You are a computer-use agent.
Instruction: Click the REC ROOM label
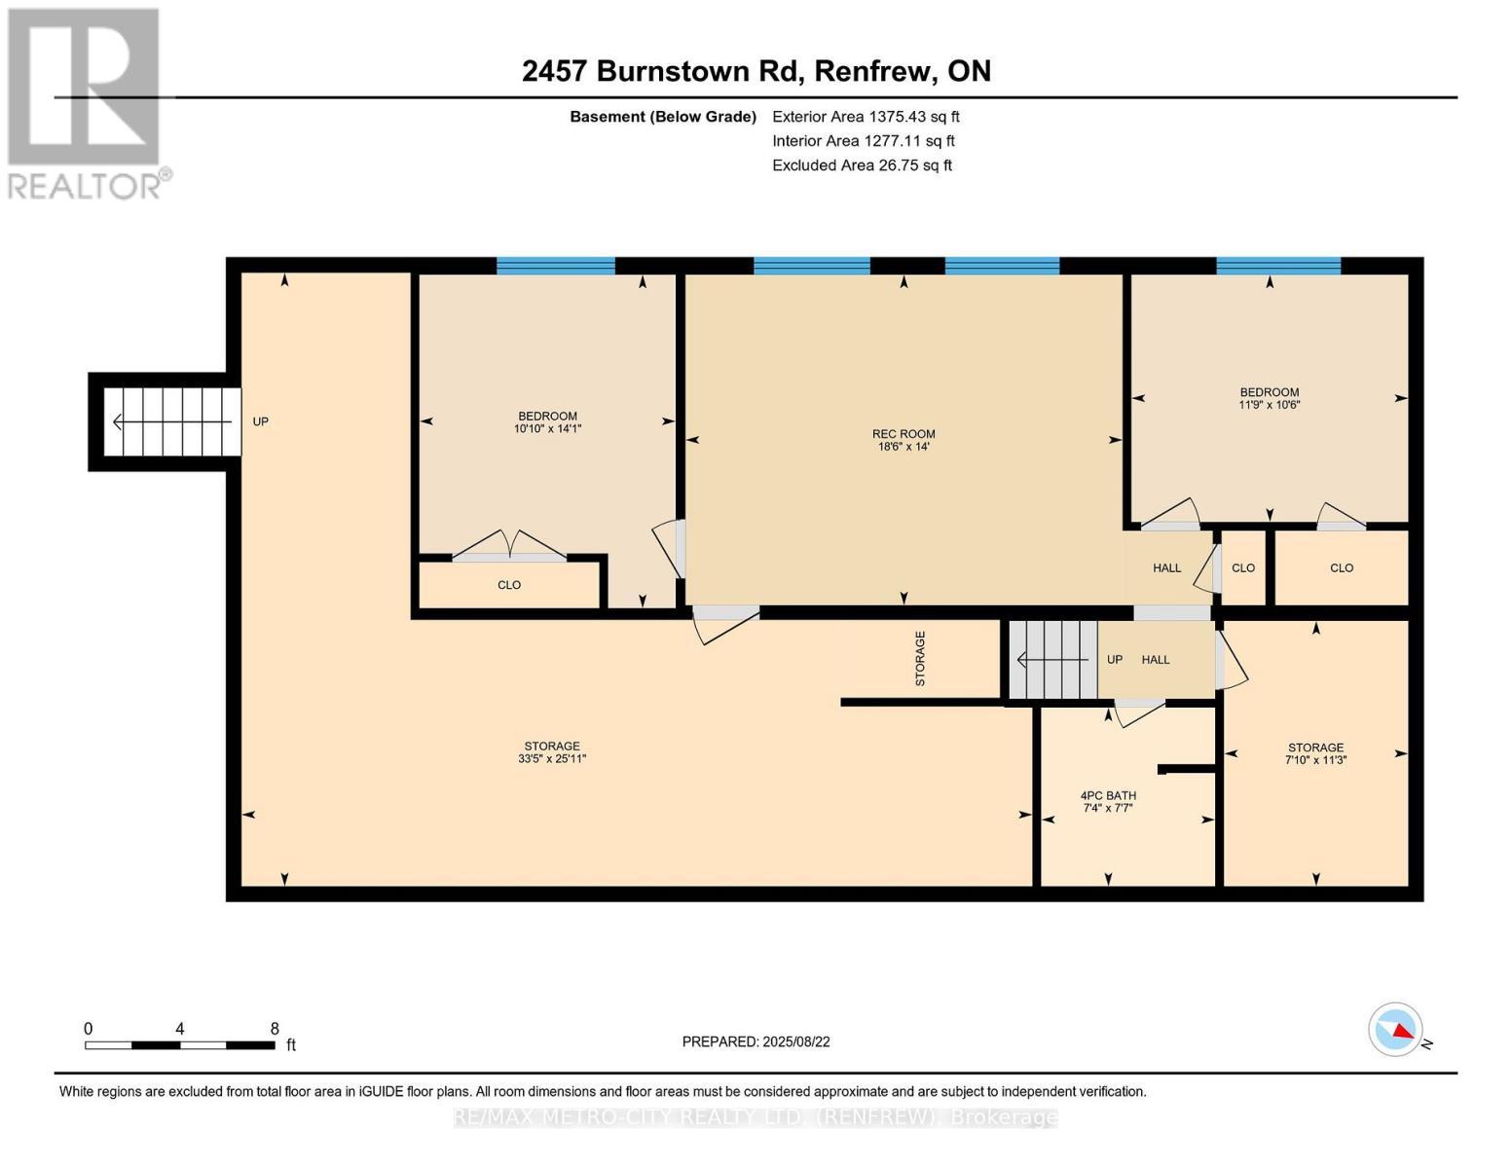903,434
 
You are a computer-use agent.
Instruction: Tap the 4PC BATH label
1108,795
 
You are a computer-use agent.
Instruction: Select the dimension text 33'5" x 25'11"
552,759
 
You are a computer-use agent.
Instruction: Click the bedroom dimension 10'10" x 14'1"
547,428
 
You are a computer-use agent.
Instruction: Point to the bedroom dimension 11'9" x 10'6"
1269,405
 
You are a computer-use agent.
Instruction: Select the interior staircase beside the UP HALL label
1052,660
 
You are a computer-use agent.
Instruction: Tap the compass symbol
1395,1029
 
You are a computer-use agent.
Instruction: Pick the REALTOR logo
85,102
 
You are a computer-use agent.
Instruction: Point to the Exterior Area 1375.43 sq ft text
866,117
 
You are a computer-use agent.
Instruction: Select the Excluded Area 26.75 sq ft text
862,165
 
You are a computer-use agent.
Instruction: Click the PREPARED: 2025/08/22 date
756,1041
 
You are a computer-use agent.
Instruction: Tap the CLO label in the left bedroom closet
509,585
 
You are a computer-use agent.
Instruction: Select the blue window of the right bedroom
1277,266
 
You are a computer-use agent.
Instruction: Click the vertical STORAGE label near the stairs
920,659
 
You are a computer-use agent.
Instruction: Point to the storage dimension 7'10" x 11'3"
1315,761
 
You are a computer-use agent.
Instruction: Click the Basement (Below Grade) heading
662,117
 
